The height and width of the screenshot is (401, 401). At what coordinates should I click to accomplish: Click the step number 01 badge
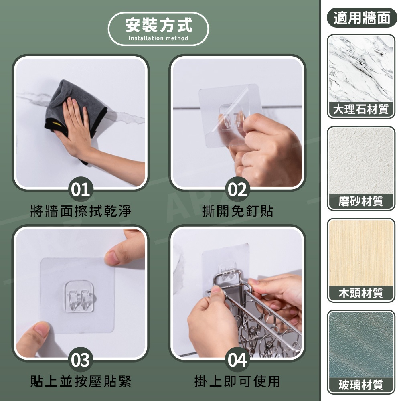click(x=81, y=190)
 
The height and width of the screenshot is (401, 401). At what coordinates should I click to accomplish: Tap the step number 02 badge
click(x=237, y=190)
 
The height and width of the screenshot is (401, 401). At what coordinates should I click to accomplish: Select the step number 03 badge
click(x=81, y=360)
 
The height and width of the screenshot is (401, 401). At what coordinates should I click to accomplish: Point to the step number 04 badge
click(x=237, y=360)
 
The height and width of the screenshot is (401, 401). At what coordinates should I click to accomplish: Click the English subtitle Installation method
click(x=158, y=38)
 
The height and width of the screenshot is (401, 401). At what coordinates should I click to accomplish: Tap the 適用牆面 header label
click(x=362, y=18)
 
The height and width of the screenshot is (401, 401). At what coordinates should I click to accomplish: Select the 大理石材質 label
click(x=361, y=109)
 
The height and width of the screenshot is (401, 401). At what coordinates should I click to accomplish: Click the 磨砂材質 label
click(x=361, y=201)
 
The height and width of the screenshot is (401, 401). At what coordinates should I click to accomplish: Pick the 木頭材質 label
click(x=361, y=293)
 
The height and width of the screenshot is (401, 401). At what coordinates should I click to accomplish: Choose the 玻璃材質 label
click(x=361, y=385)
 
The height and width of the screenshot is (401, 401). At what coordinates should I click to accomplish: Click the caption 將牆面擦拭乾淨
click(x=81, y=211)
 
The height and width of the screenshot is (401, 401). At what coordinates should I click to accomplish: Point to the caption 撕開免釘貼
click(x=237, y=211)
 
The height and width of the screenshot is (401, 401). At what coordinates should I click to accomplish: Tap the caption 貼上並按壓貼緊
click(x=81, y=381)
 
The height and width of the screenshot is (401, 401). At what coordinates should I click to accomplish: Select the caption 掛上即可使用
click(x=237, y=381)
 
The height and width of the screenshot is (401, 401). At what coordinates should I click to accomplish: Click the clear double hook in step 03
click(x=79, y=297)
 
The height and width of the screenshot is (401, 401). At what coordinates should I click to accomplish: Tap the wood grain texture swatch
click(x=361, y=253)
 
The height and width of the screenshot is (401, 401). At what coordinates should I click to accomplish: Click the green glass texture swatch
click(x=361, y=344)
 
